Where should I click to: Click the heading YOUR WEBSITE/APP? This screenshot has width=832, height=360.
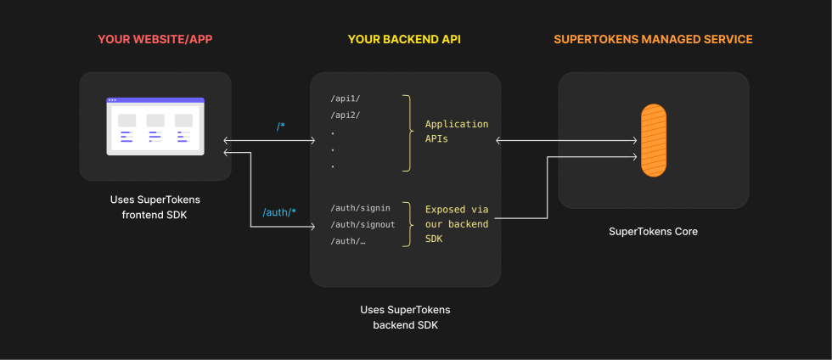click(155, 39)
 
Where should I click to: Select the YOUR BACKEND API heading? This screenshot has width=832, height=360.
click(405, 39)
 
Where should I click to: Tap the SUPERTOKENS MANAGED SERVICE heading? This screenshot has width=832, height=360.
click(653, 39)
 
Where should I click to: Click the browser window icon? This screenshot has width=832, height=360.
click(155, 127)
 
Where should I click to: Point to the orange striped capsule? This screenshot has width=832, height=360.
click(653, 140)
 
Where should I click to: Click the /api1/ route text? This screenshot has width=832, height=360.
click(346, 99)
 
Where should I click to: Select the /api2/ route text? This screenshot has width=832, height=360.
click(346, 115)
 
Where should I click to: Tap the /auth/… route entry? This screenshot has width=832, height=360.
click(348, 241)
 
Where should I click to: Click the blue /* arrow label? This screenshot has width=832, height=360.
click(280, 127)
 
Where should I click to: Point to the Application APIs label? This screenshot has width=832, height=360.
click(457, 132)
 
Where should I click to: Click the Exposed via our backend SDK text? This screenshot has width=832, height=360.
click(457, 225)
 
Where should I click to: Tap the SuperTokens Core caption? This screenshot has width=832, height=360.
click(653, 231)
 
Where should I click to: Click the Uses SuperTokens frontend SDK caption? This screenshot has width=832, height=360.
click(155, 207)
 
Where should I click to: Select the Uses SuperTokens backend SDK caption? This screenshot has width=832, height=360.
click(405, 318)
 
